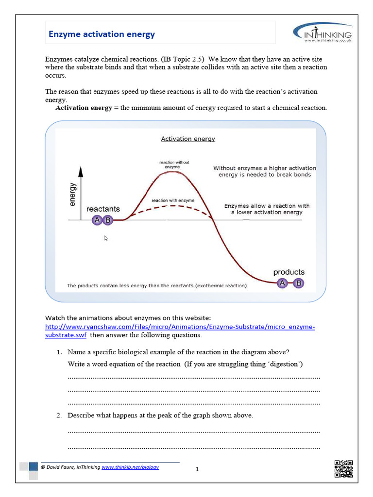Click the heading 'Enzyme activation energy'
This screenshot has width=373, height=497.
click(x=102, y=34)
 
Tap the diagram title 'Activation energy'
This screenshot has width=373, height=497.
click(x=188, y=139)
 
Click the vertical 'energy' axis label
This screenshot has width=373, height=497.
click(x=73, y=195)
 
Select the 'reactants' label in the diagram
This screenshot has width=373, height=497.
click(x=103, y=209)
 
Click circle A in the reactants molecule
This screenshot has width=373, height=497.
click(x=97, y=220)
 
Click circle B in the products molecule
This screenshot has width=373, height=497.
click(x=299, y=283)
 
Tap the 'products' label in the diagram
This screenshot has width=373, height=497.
click(x=288, y=272)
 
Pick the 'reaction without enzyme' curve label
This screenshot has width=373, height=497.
click(x=174, y=165)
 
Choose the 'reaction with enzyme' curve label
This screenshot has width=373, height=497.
click(x=173, y=200)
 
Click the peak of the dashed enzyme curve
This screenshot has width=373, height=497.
click(x=171, y=206)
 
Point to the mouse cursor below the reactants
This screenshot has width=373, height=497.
click(x=106, y=238)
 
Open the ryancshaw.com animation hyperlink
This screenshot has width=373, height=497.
click(x=180, y=327)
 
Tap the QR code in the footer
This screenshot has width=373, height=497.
click(x=343, y=468)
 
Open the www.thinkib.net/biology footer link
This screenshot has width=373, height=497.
click(x=130, y=467)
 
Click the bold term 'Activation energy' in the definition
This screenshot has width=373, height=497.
click(x=84, y=108)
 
